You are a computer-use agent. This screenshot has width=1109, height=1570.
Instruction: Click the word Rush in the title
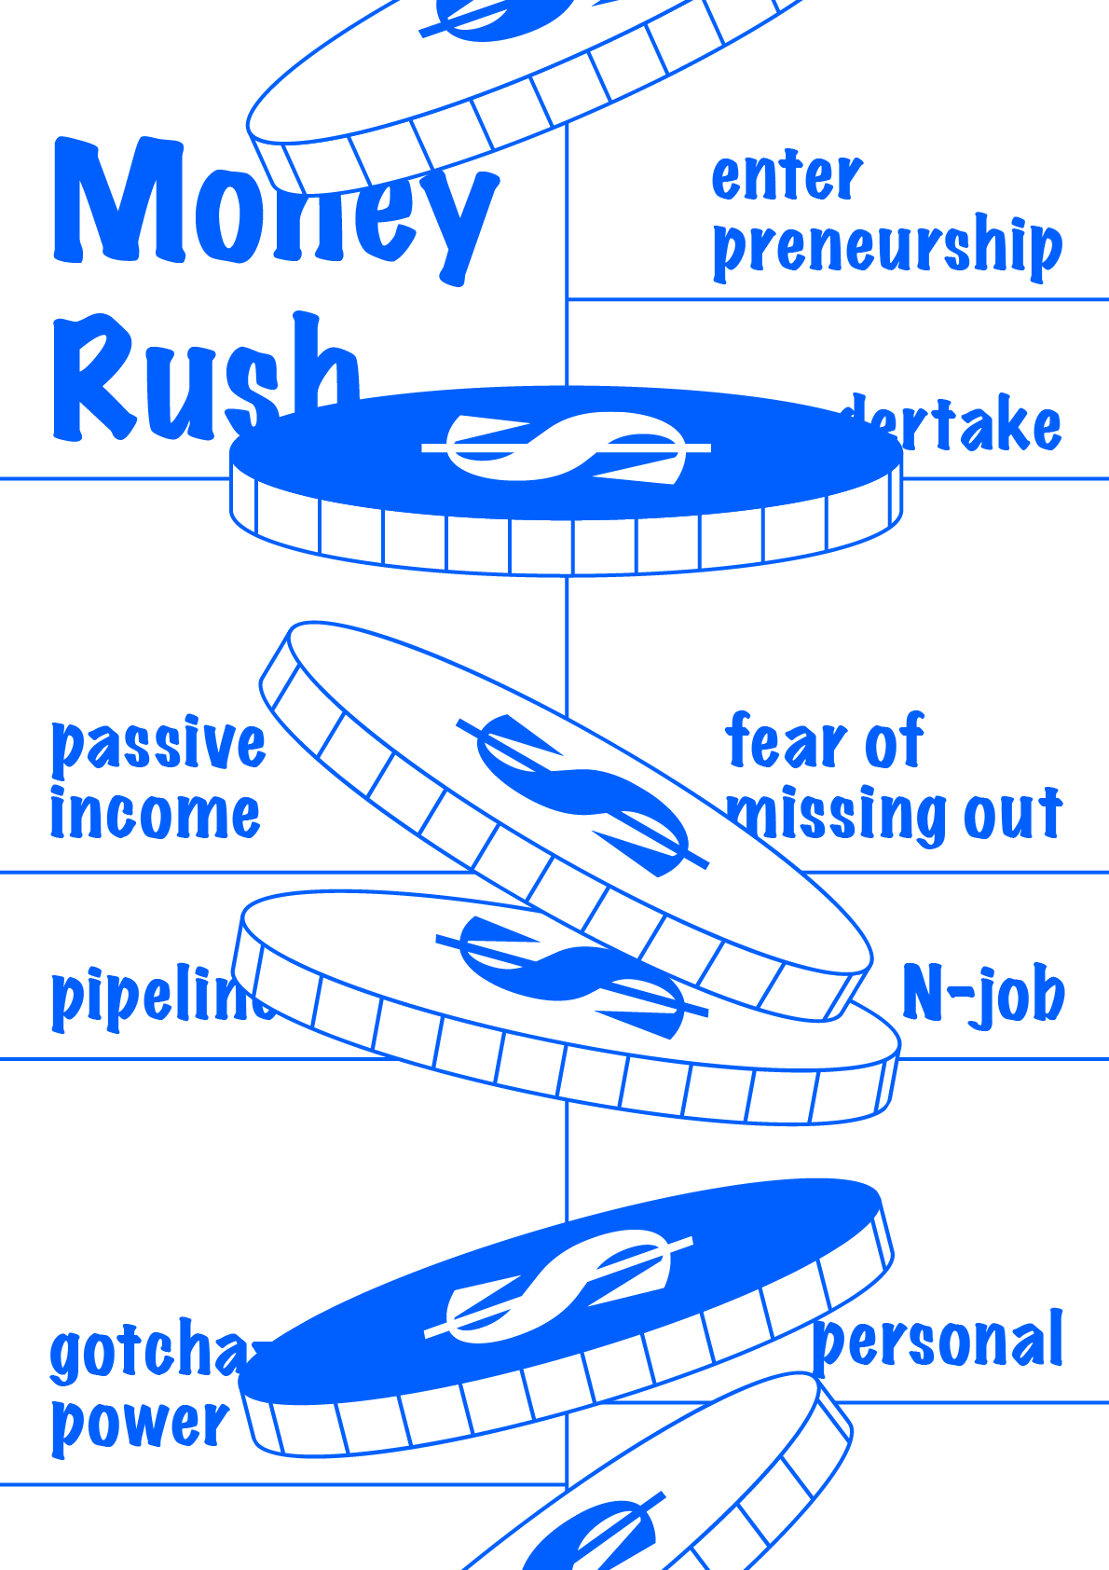[x=186, y=378]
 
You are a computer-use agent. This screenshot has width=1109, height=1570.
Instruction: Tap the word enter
[x=787, y=176]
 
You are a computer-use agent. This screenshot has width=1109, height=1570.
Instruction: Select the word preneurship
[x=886, y=247]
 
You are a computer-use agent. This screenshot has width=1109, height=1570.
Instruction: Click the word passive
[x=158, y=745]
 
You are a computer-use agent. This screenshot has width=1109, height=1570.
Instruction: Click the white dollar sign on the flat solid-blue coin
[x=566, y=448]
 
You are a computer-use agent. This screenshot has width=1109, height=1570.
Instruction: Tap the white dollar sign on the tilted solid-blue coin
[x=559, y=1287]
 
